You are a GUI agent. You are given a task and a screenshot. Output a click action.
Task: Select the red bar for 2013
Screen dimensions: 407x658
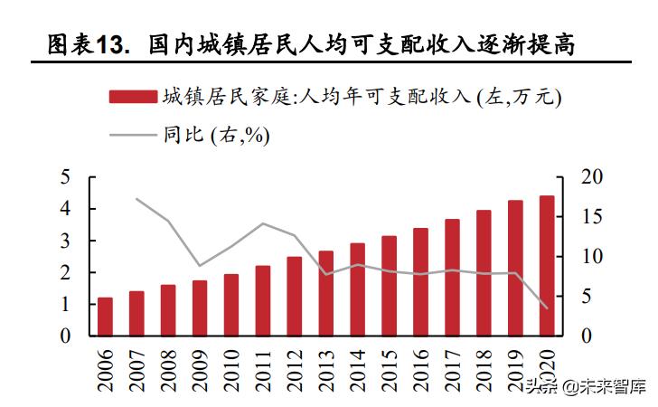click(325, 293)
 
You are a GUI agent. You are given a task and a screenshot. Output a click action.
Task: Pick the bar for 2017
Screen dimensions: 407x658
click(452, 277)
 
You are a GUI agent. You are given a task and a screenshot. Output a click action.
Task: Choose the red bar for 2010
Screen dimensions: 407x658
click(231, 304)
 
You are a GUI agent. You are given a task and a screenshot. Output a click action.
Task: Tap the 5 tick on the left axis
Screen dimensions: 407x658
click(65, 177)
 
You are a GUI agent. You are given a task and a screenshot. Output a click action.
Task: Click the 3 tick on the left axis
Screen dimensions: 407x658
click(65, 241)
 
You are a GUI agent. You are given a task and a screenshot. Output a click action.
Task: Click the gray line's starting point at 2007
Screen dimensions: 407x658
click(136, 199)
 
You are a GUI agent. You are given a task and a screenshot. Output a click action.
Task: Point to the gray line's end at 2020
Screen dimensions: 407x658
click(547, 308)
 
